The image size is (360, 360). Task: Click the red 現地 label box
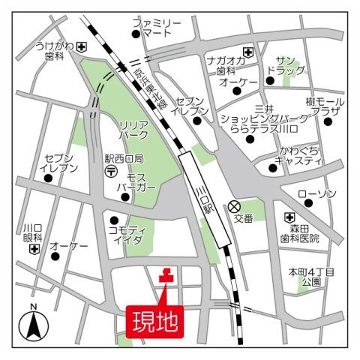pyautogui.click(x=155, y=321)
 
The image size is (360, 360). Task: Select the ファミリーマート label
pyautogui.click(x=157, y=28)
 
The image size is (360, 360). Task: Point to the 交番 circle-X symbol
pyautogui.click(x=235, y=206)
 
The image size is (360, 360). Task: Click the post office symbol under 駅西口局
pyautogui.click(x=111, y=172)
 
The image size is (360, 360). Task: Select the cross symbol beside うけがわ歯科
pyautogui.click(x=81, y=46)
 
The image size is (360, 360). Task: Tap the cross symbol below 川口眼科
pyautogui.click(x=34, y=248)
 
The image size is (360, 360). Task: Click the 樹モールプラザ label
pyautogui.click(x=323, y=106)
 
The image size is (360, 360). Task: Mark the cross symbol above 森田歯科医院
pyautogui.click(x=289, y=217)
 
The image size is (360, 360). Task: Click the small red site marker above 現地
pyautogui.click(x=166, y=276)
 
